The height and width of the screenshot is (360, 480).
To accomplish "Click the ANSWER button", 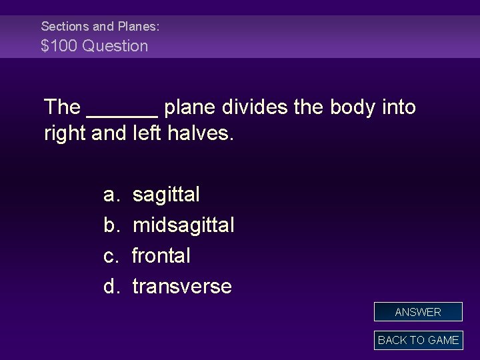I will [x=418, y=312].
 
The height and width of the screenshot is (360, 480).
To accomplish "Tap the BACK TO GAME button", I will [x=418, y=340].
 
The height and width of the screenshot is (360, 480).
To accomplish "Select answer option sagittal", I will [x=166, y=195].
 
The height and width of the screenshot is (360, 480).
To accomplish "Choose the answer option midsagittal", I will [x=183, y=225].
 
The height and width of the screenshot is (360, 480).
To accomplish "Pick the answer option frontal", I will [x=161, y=255].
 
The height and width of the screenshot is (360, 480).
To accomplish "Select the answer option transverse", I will [x=182, y=287].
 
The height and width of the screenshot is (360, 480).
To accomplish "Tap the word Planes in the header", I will [x=137, y=27].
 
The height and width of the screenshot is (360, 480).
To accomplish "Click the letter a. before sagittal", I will [x=111, y=195].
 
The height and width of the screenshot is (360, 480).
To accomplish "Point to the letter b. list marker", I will [x=111, y=225].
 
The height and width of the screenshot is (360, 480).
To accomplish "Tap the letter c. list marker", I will [x=111, y=255].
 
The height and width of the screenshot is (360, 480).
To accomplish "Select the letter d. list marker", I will [x=111, y=287].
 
